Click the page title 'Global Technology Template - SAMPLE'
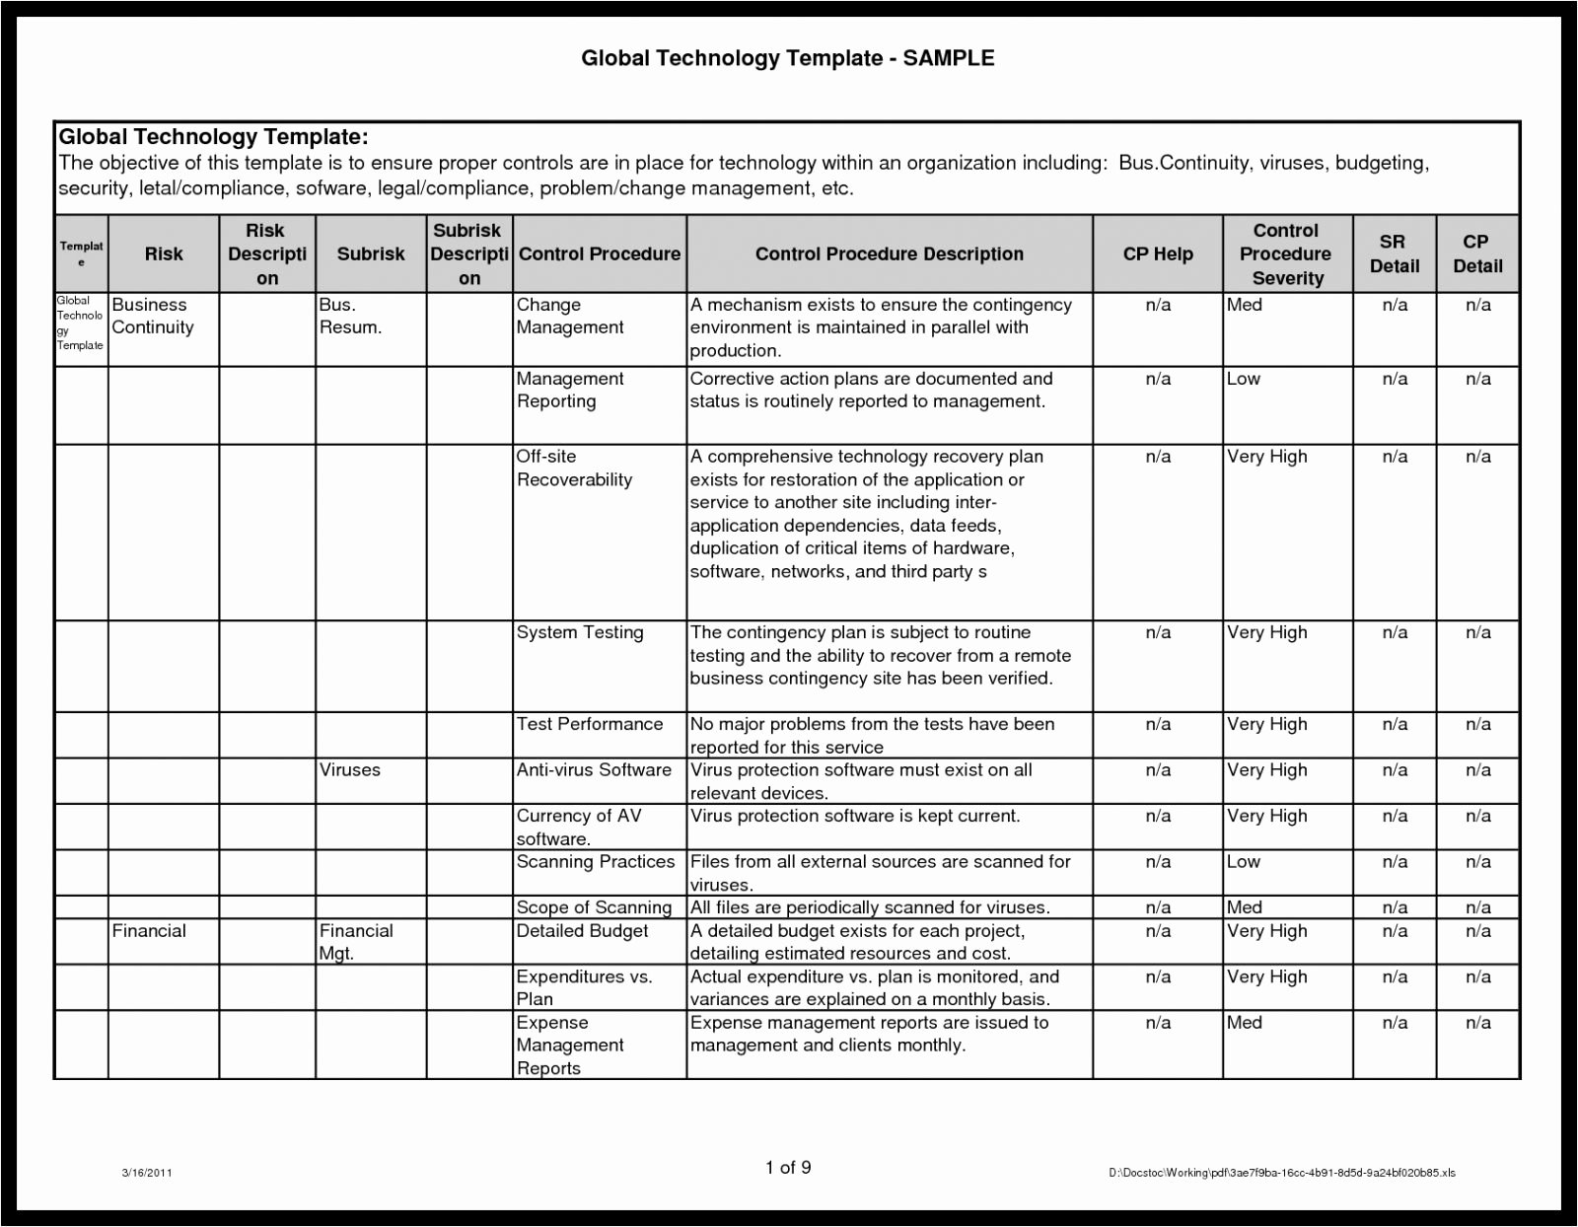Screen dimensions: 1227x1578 (x=787, y=58)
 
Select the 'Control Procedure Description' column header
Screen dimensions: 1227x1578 (x=889, y=253)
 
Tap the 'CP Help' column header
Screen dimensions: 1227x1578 (x=1158, y=253)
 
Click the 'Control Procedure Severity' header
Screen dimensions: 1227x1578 (x=1286, y=253)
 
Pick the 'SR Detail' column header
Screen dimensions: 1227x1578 (x=1394, y=253)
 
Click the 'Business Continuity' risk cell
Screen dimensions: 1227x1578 (x=152, y=316)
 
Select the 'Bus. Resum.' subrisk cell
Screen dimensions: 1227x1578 (x=350, y=316)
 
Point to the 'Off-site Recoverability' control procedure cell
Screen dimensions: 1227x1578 (x=574, y=469)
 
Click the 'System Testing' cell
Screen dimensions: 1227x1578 (x=580, y=632)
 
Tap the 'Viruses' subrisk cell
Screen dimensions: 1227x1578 (x=349, y=769)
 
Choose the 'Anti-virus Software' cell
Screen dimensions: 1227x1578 (x=594, y=769)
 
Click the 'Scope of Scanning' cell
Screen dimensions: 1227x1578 (x=594, y=907)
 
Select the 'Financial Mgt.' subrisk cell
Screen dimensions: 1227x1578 (x=355, y=941)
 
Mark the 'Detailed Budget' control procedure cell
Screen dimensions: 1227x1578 (x=582, y=930)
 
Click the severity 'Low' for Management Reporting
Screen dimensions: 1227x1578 (x=1244, y=379)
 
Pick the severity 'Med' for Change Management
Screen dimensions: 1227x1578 (x=1245, y=305)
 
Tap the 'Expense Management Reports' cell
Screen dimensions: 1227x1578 (x=570, y=1045)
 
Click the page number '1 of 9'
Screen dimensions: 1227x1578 (x=788, y=1168)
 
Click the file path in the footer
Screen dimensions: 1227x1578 (x=1282, y=1173)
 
